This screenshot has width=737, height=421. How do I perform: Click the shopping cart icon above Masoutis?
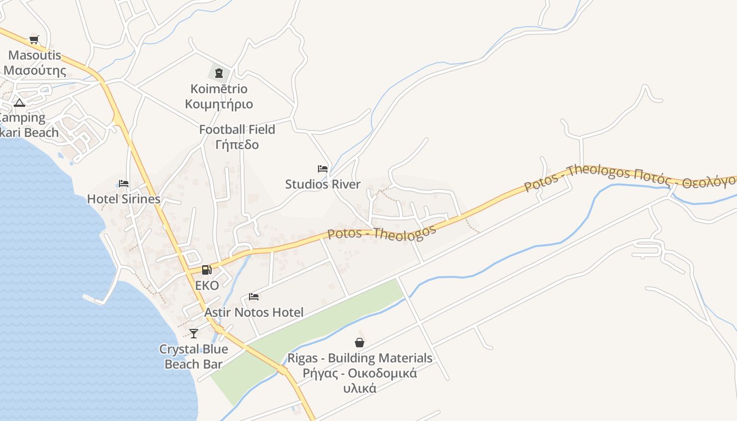[34, 39]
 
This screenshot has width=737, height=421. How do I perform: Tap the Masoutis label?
[35, 63]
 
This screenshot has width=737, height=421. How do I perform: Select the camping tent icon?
[19, 102]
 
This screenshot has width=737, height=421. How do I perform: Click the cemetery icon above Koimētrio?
[219, 73]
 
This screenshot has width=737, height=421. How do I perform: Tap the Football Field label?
[237, 129]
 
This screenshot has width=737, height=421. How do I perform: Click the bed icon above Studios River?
[323, 169]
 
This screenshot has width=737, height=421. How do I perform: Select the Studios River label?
[323, 184]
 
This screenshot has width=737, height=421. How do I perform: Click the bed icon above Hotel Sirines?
[124, 184]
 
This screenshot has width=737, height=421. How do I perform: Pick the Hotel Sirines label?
[124, 199]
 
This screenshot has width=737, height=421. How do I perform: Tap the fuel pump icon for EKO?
[207, 270]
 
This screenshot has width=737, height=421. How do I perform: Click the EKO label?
[207, 286]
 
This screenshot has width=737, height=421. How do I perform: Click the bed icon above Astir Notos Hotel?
[254, 297]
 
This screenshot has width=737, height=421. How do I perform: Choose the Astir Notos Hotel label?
[254, 313]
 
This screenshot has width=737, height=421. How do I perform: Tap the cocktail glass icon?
[194, 333]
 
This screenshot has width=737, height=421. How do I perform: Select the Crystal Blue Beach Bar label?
[194, 356]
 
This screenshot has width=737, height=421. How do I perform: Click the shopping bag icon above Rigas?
[360, 343]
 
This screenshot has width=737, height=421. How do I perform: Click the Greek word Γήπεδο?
[237, 144]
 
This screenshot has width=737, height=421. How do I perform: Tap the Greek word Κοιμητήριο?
[219, 104]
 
